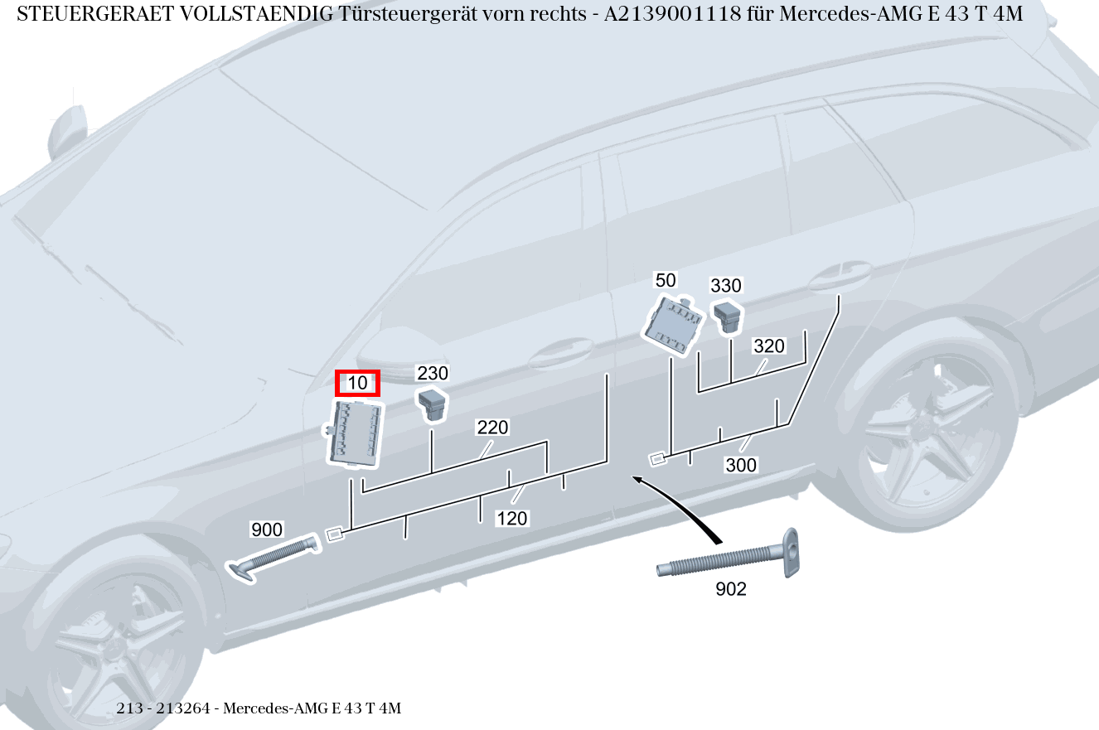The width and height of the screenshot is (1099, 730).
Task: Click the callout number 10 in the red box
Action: (x=357, y=383)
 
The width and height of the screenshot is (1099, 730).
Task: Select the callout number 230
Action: (x=432, y=373)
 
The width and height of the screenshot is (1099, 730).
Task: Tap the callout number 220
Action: (x=492, y=428)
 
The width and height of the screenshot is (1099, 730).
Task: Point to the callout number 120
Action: (x=512, y=519)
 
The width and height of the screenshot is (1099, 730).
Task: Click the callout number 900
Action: (x=267, y=529)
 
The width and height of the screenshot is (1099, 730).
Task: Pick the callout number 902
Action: (x=730, y=589)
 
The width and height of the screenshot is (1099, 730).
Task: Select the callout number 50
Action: (x=666, y=280)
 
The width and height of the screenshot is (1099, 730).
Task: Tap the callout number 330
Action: (x=726, y=286)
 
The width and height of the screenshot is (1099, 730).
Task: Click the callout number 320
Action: (x=769, y=346)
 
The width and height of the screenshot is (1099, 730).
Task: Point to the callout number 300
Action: (x=741, y=466)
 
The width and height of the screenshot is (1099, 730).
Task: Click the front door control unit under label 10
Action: (x=356, y=432)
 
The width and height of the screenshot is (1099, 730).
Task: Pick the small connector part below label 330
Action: (x=729, y=316)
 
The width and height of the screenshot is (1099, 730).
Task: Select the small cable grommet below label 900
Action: (x=274, y=556)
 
